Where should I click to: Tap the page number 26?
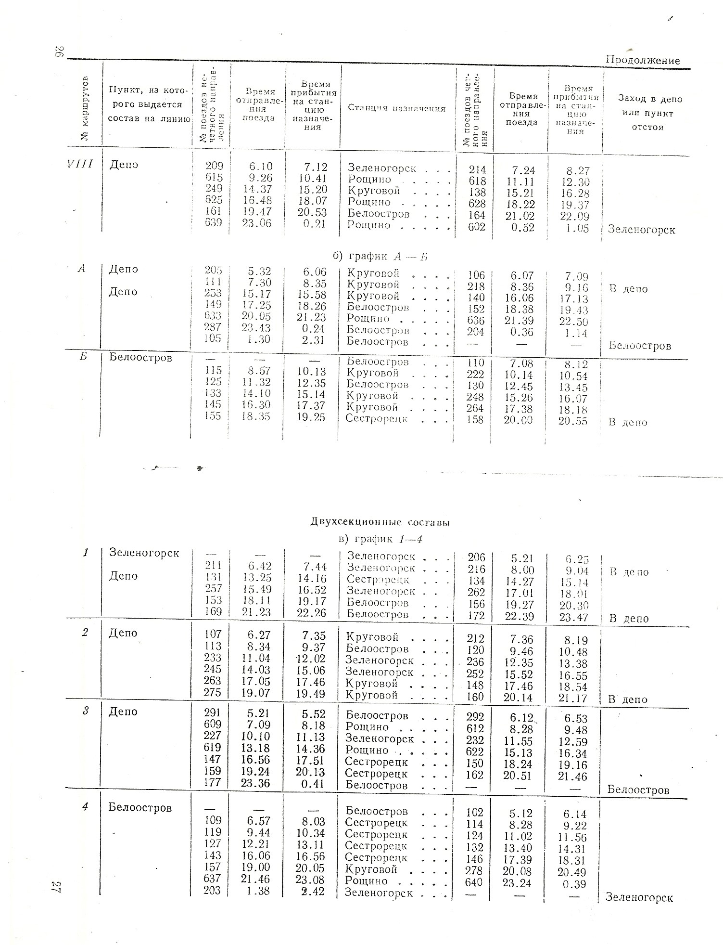(x=59, y=52)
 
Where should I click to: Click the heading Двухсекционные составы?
(x=380, y=522)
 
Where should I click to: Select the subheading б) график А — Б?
(x=383, y=257)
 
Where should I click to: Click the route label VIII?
(x=80, y=164)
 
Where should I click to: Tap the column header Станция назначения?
(x=397, y=108)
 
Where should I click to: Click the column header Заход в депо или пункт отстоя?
(x=650, y=113)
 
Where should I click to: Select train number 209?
(x=214, y=167)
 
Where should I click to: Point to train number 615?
(x=214, y=178)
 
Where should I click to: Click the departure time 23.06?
(x=257, y=223)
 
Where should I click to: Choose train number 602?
(x=477, y=227)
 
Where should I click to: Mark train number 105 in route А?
(x=213, y=339)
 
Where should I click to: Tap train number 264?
(x=475, y=408)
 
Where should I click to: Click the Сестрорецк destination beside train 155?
(x=377, y=418)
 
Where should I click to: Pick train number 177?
(x=212, y=782)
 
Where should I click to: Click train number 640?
(x=475, y=882)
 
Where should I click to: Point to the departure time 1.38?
(x=257, y=891)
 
